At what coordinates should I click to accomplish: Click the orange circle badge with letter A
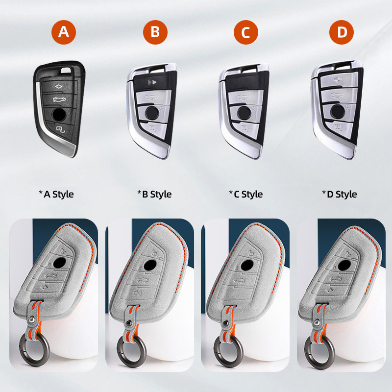coord(64,32)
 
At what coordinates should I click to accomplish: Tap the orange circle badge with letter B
coord(155,32)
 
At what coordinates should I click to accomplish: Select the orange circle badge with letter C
coord(246,32)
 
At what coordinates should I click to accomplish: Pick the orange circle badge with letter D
coord(342,32)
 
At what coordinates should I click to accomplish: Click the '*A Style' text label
coord(56,194)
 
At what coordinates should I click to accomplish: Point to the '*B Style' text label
coord(154,194)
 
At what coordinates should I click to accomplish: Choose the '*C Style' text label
coord(246,194)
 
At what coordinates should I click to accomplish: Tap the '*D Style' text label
coord(340,194)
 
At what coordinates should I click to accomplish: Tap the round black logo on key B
coord(151,112)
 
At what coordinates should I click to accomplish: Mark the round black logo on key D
coord(338,111)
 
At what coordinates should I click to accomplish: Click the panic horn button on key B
coord(152,82)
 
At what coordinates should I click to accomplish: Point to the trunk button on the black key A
coord(59,99)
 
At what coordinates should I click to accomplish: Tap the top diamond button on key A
coord(58,87)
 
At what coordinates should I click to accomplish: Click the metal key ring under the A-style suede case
coord(34,349)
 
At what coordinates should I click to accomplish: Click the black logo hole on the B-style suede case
coord(150,266)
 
